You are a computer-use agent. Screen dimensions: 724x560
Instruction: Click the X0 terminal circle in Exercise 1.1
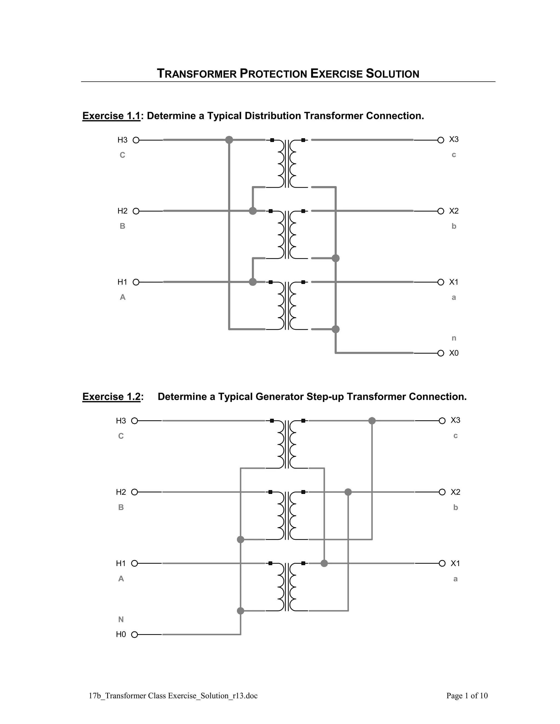(441, 353)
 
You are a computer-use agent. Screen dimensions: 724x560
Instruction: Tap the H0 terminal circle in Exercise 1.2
(134, 634)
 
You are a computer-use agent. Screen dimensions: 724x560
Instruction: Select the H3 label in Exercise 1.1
(122, 140)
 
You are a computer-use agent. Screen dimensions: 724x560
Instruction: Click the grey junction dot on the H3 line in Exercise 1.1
(229, 140)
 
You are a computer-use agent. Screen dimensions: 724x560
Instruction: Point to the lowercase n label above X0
(454, 338)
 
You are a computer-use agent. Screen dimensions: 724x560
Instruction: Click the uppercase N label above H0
(121, 619)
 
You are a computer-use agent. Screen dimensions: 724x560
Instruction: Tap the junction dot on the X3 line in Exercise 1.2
(372, 421)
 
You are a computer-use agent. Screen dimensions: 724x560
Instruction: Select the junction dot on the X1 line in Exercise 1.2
(324, 563)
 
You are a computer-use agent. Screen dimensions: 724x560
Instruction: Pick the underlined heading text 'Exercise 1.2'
(112, 396)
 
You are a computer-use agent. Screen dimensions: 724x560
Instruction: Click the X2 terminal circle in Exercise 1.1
(441, 211)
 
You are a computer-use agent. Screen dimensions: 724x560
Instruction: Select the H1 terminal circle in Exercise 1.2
(134, 563)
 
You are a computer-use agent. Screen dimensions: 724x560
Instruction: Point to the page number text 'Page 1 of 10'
(467, 696)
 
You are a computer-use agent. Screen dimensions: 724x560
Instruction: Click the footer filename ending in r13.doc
(173, 696)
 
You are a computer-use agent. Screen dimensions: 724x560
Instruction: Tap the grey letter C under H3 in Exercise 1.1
(122, 155)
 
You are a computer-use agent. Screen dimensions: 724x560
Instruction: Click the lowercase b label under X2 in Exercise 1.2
(456, 507)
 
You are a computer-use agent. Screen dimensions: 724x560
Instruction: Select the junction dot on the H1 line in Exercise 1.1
(253, 282)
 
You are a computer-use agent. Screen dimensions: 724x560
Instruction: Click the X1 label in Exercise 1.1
(454, 282)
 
